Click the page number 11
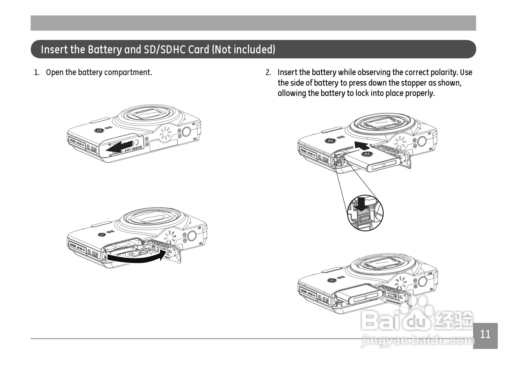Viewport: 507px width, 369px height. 485,334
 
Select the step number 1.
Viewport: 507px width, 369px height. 37,73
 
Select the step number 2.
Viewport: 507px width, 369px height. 268,73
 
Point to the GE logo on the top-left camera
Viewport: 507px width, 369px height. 99,131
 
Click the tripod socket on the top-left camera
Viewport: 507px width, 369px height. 186,131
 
